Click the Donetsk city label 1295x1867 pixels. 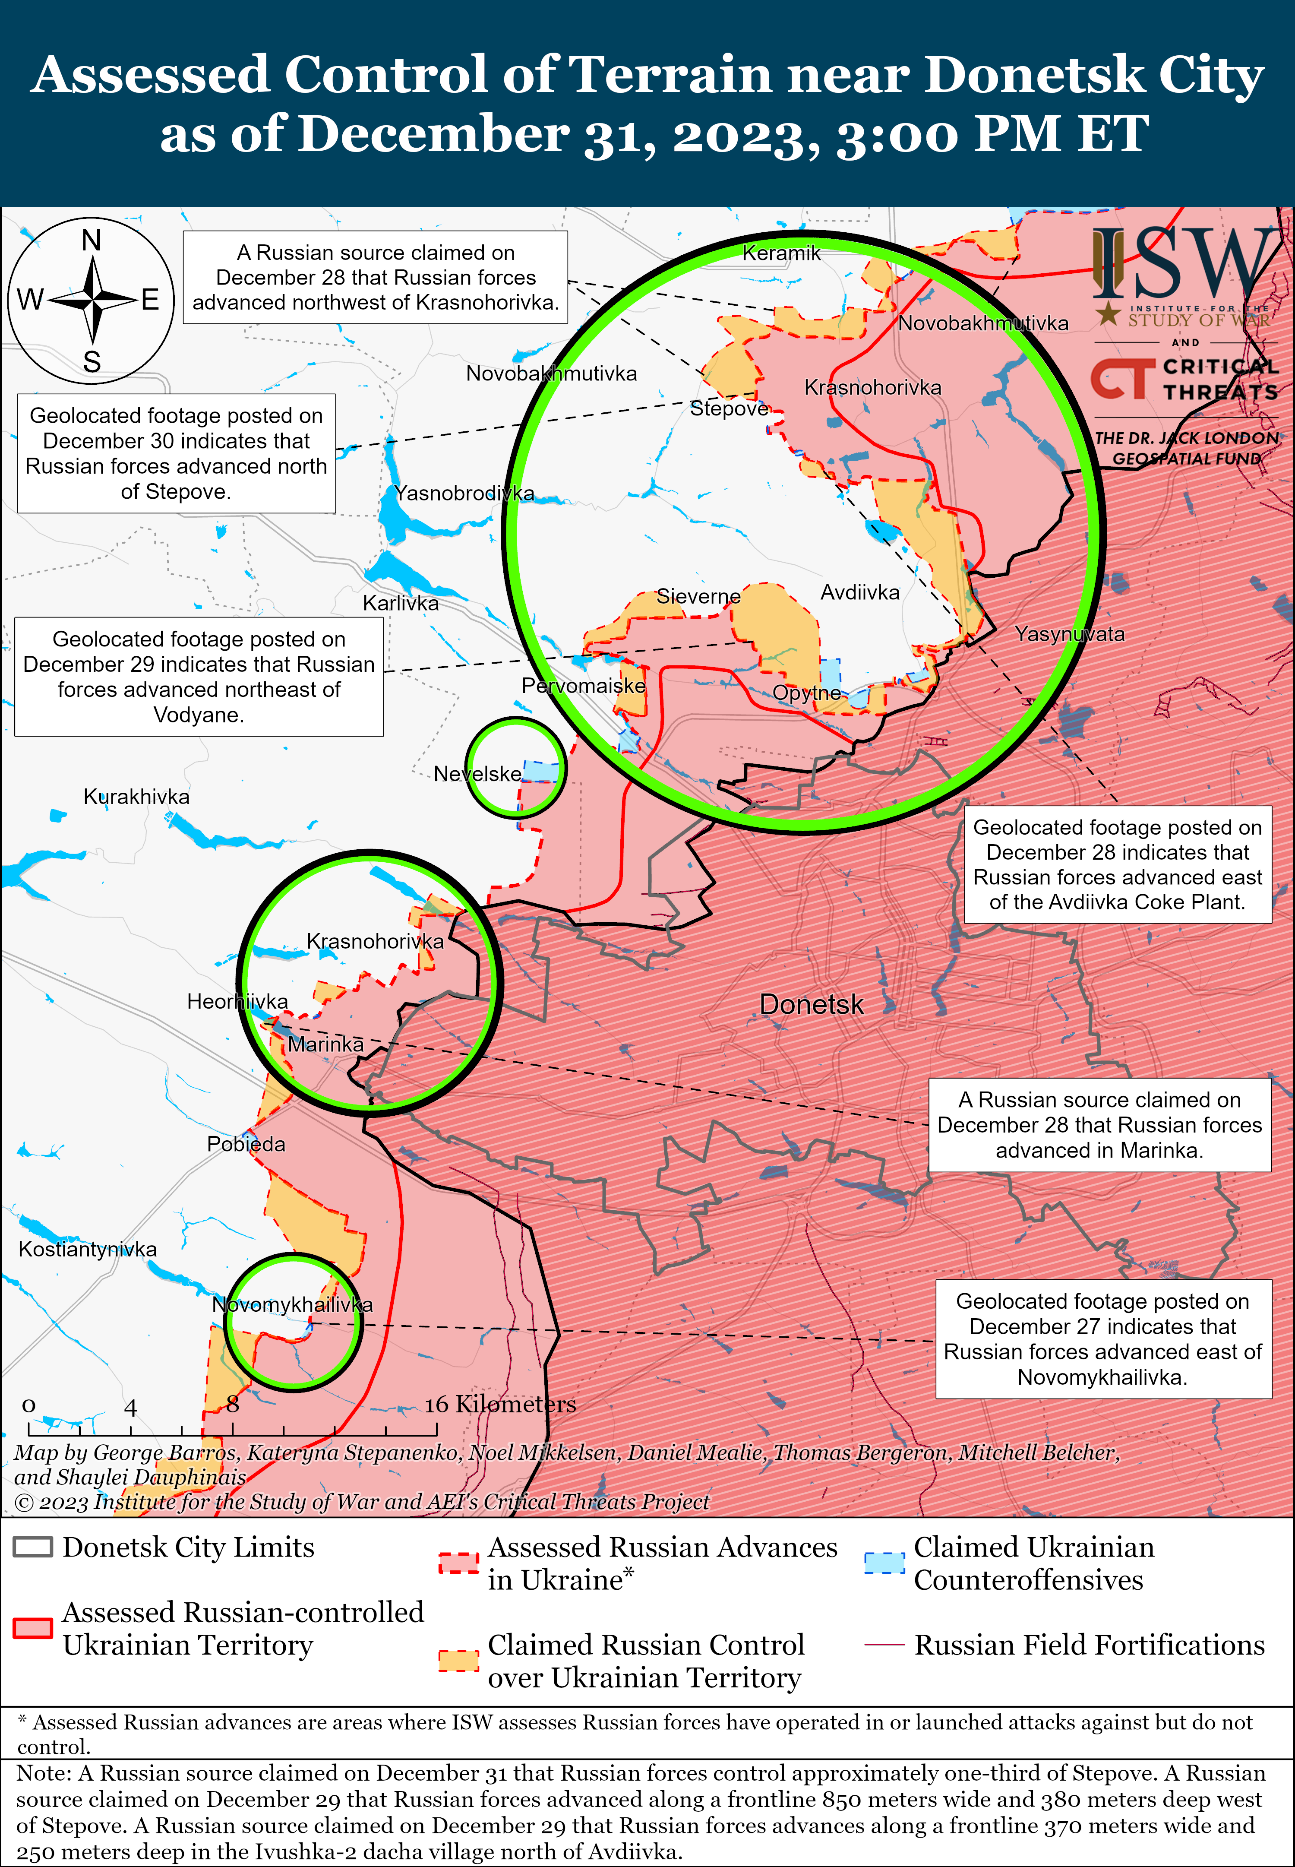pos(812,1004)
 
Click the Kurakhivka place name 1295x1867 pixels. pos(136,797)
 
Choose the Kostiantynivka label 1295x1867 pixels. pos(88,1249)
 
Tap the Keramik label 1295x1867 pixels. pos(781,253)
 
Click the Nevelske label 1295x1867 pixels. pos(477,774)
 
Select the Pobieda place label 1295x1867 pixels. pos(246,1144)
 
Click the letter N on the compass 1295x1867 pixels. pos(92,241)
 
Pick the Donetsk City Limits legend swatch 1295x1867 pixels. pos(33,1547)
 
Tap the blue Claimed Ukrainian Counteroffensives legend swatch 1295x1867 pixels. pos(884,1563)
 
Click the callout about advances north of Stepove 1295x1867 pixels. pos(176,453)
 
